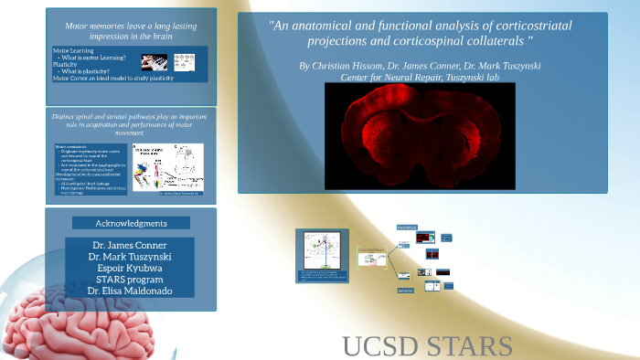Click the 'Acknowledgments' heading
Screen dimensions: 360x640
click(132, 223)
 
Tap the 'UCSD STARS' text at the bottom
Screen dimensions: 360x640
click(427, 346)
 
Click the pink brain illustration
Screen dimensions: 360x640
click(64, 324)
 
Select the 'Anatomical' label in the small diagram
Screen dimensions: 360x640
click(406, 227)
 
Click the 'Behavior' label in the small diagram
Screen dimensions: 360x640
click(405, 291)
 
